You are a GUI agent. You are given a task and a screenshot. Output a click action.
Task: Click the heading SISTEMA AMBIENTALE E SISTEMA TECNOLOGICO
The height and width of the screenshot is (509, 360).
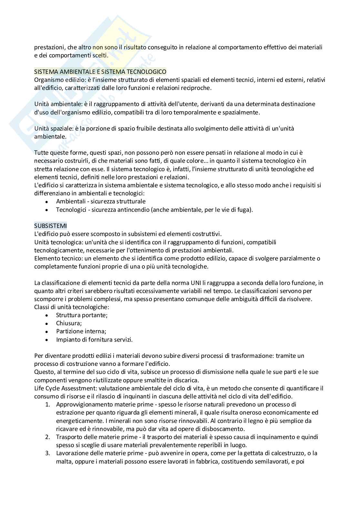pyautogui.click(x=100, y=72)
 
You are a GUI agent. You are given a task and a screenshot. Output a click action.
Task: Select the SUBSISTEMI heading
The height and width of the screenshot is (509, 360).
pyautogui.click(x=50, y=226)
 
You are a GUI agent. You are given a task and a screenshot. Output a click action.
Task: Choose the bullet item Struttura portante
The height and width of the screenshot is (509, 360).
pyautogui.click(x=82, y=315)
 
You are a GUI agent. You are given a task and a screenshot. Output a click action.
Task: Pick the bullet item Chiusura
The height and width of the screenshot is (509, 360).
pyautogui.click(x=69, y=323)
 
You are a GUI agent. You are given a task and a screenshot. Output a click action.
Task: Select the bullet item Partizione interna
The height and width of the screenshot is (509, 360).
pyautogui.click(x=81, y=331)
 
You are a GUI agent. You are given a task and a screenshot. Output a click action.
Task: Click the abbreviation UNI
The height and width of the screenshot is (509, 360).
pyautogui.click(x=202, y=283)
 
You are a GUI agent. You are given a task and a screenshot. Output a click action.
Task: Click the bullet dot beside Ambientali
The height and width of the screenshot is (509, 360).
pyautogui.click(x=47, y=202)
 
